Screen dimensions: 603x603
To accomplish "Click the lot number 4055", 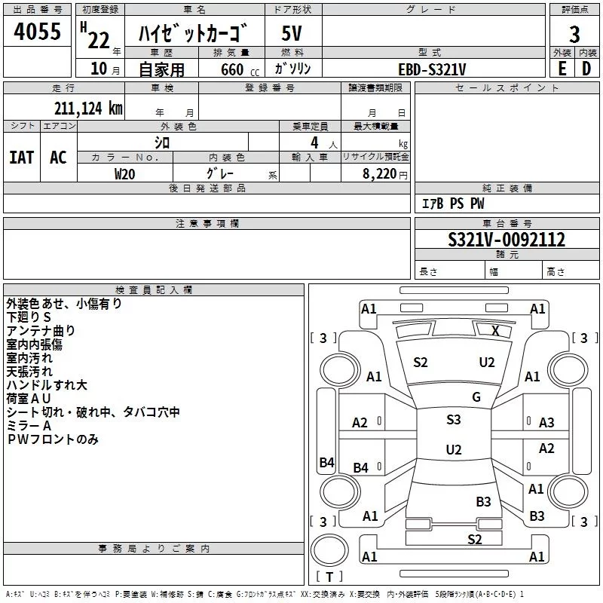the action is point(38,33).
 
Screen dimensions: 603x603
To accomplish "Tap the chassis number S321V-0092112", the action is point(507,240).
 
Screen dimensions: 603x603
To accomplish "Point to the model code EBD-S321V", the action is point(433,69).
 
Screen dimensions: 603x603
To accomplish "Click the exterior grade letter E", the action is point(562,69).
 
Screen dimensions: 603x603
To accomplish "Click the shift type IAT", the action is point(22,158).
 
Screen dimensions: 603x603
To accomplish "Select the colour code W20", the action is point(125,173).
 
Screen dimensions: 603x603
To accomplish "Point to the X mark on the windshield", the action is point(495,330).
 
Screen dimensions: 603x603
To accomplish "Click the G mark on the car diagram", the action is point(476,397).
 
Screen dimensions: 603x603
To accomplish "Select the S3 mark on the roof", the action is point(453,420).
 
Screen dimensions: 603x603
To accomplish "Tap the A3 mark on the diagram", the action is point(546,423).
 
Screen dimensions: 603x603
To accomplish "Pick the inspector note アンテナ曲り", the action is point(41,330).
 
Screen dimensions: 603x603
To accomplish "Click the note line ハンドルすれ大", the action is point(47,385).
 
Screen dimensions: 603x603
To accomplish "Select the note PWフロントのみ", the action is point(53,439).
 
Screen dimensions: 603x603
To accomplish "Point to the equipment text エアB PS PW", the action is point(453,204).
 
